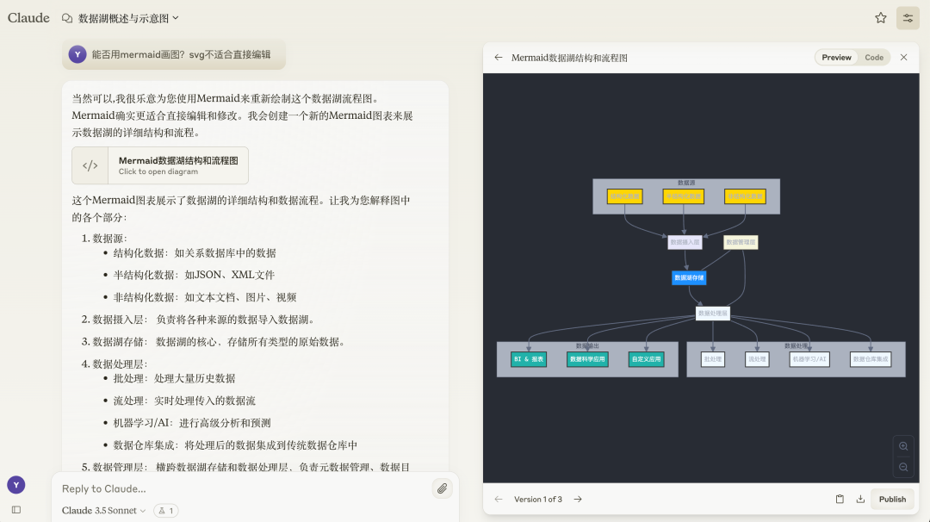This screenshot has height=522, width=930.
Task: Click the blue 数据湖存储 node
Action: (x=689, y=278)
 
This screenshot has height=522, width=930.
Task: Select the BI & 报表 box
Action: (x=529, y=359)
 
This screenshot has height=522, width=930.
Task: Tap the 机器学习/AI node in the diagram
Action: (x=809, y=359)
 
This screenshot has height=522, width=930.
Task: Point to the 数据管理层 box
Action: (x=741, y=243)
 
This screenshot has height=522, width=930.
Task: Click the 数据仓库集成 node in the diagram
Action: (x=870, y=359)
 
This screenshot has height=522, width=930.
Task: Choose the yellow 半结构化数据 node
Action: (x=684, y=196)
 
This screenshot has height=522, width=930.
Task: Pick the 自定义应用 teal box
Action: (x=646, y=359)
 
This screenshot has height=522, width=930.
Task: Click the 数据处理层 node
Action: (x=713, y=314)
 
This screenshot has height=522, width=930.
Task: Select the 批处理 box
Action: (x=712, y=359)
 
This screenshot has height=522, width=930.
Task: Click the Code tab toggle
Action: (x=874, y=58)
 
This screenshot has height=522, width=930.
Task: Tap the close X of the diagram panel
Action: (x=903, y=58)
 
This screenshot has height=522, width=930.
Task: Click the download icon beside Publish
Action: (x=860, y=500)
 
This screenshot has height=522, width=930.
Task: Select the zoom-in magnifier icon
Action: (x=903, y=446)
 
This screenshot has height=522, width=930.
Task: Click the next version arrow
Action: (x=578, y=500)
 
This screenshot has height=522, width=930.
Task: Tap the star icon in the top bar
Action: (x=881, y=18)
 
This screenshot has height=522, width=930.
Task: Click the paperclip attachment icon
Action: (x=442, y=488)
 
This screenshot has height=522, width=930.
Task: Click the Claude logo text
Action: (x=28, y=18)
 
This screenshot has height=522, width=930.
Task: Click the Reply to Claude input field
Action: (x=241, y=488)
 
